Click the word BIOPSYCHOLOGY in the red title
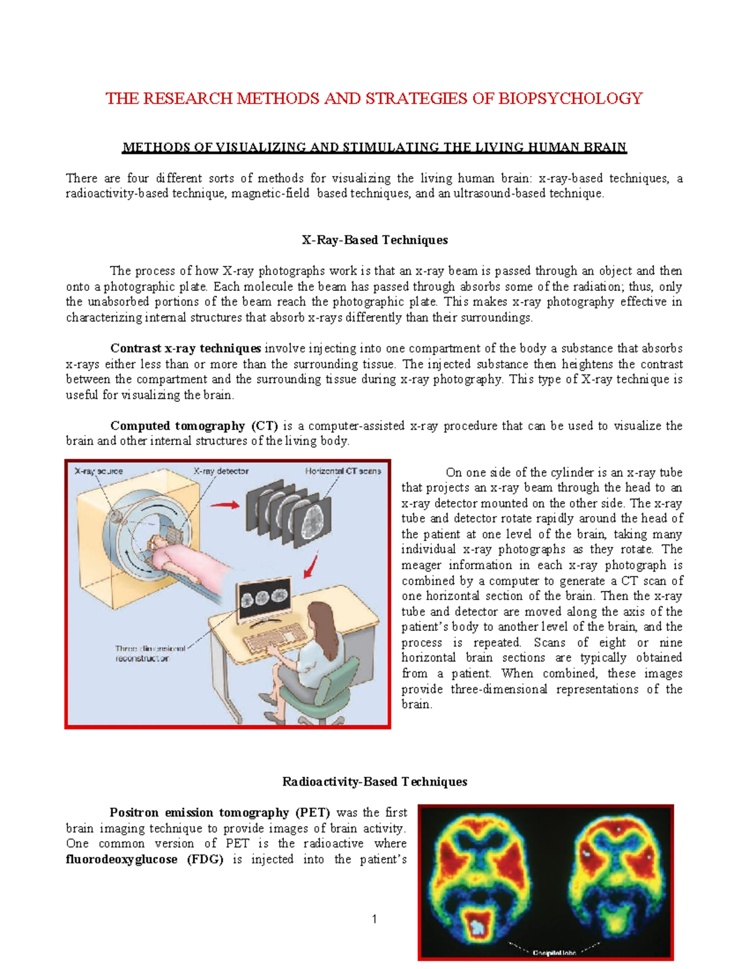[570, 99]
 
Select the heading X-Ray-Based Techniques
[374, 240]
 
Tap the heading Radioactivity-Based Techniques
[374, 782]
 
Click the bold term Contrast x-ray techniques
[185, 349]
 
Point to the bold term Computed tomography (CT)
[193, 426]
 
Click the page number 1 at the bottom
[374, 919]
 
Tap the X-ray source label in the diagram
[99, 472]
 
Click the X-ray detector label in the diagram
[221, 472]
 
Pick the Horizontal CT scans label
[343, 472]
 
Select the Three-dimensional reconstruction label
[150, 653]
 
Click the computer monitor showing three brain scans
[263, 600]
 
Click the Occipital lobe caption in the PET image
[554, 953]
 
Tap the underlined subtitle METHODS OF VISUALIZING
[374, 148]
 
